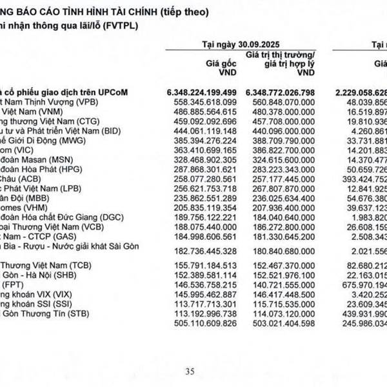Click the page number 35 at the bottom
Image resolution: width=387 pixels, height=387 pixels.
pos(190,371)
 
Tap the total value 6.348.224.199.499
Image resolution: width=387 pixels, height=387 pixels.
pos(202,92)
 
